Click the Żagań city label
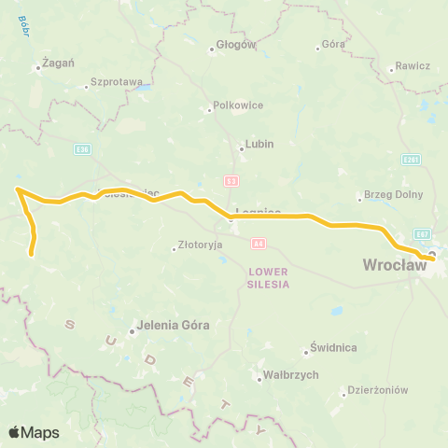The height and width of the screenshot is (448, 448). tap(54, 63)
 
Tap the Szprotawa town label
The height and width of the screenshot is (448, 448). tap(116, 82)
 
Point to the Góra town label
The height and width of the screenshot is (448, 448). tap(333, 44)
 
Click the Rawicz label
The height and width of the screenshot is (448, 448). tap(412, 66)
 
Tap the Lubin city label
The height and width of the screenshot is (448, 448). tap(259, 145)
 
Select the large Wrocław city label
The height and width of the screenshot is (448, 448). tap(394, 265)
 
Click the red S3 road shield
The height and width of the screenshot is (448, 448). tap(231, 179)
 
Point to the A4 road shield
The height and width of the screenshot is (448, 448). tap(259, 243)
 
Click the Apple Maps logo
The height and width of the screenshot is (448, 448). tap(35, 431)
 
